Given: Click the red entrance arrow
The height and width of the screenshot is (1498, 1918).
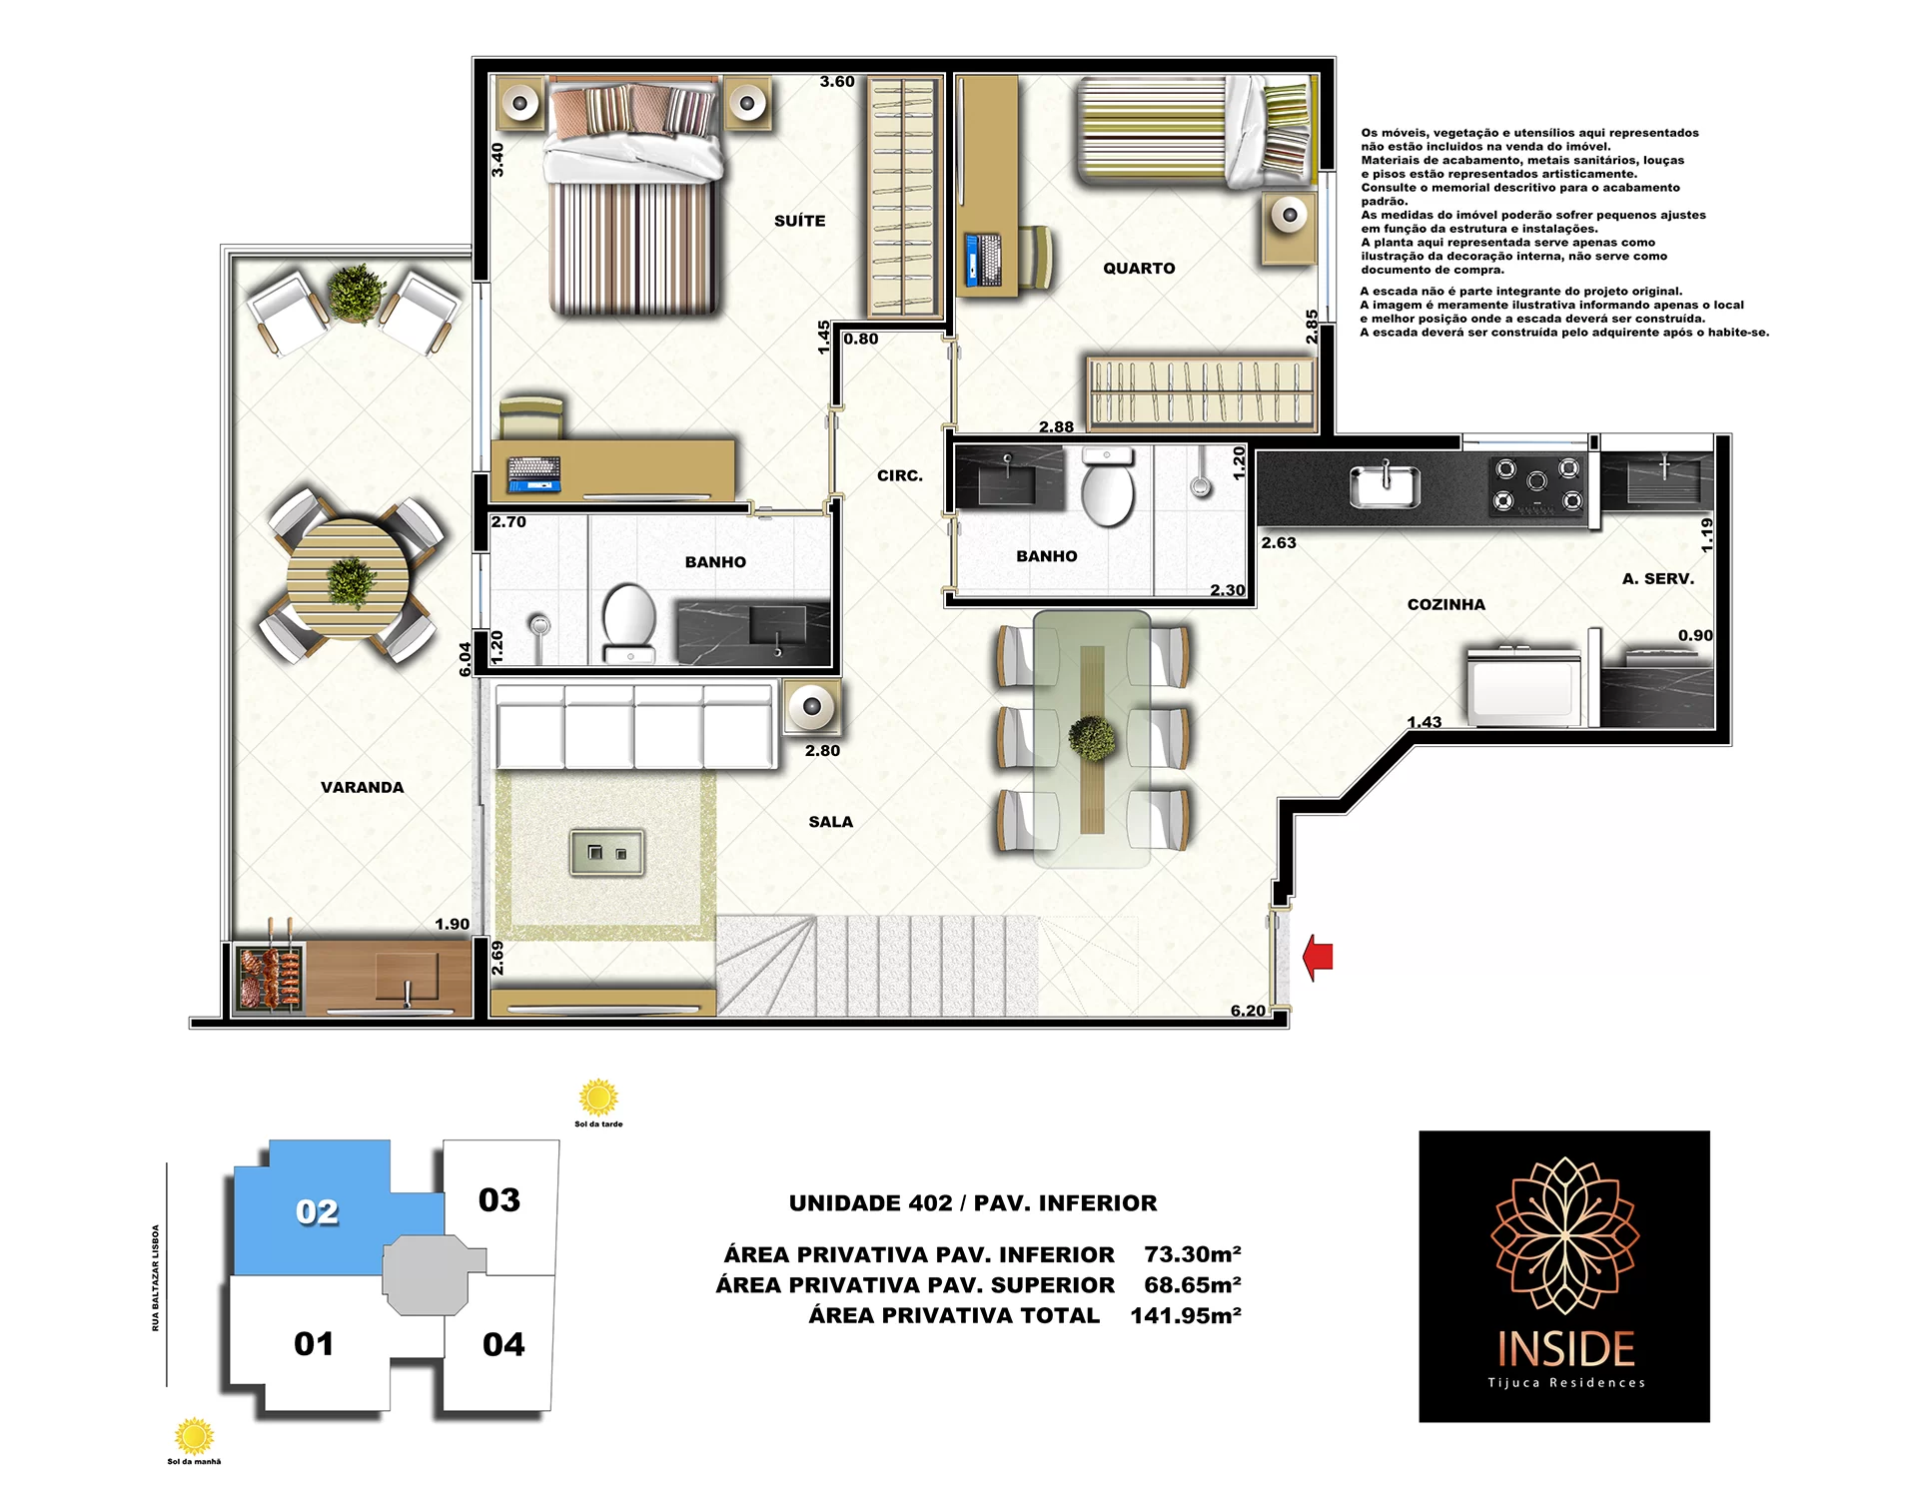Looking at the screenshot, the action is [x=1318, y=957].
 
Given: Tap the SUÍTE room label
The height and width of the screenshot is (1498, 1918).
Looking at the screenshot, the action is [x=800, y=221].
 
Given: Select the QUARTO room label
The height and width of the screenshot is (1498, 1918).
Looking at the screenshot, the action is [x=1139, y=268].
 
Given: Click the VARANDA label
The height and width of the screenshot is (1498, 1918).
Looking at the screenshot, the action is [x=363, y=787].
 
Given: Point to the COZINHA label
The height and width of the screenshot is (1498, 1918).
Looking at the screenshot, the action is [x=1446, y=604].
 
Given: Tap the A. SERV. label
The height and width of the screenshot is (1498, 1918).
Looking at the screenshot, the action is [x=1658, y=578].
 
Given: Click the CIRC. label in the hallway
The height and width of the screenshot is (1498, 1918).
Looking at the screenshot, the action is [x=900, y=475].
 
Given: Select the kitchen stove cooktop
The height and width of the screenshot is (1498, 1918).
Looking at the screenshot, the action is [x=1537, y=485].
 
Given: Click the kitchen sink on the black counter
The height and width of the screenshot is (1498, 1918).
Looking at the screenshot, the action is [x=1386, y=486].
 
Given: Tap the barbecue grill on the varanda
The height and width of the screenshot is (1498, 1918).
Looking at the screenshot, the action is [x=270, y=977].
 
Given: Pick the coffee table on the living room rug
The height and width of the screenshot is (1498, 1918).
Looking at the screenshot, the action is [x=607, y=853].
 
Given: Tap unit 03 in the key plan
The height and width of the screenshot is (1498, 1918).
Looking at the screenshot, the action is [x=499, y=1200].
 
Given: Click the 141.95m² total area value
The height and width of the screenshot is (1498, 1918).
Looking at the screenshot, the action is [x=1186, y=1315].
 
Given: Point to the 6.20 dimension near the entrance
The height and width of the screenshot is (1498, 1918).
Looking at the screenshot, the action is [x=1248, y=1011].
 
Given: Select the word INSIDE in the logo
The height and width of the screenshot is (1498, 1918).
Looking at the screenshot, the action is [x=1566, y=1349].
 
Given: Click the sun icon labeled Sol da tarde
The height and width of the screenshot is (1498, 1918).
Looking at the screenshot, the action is [x=598, y=1098].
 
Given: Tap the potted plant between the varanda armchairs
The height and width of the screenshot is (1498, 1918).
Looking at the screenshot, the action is [x=356, y=293].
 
